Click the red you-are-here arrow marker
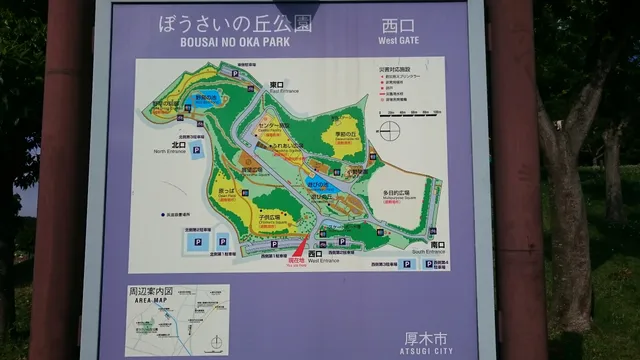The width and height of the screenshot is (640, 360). click(x=297, y=247)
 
